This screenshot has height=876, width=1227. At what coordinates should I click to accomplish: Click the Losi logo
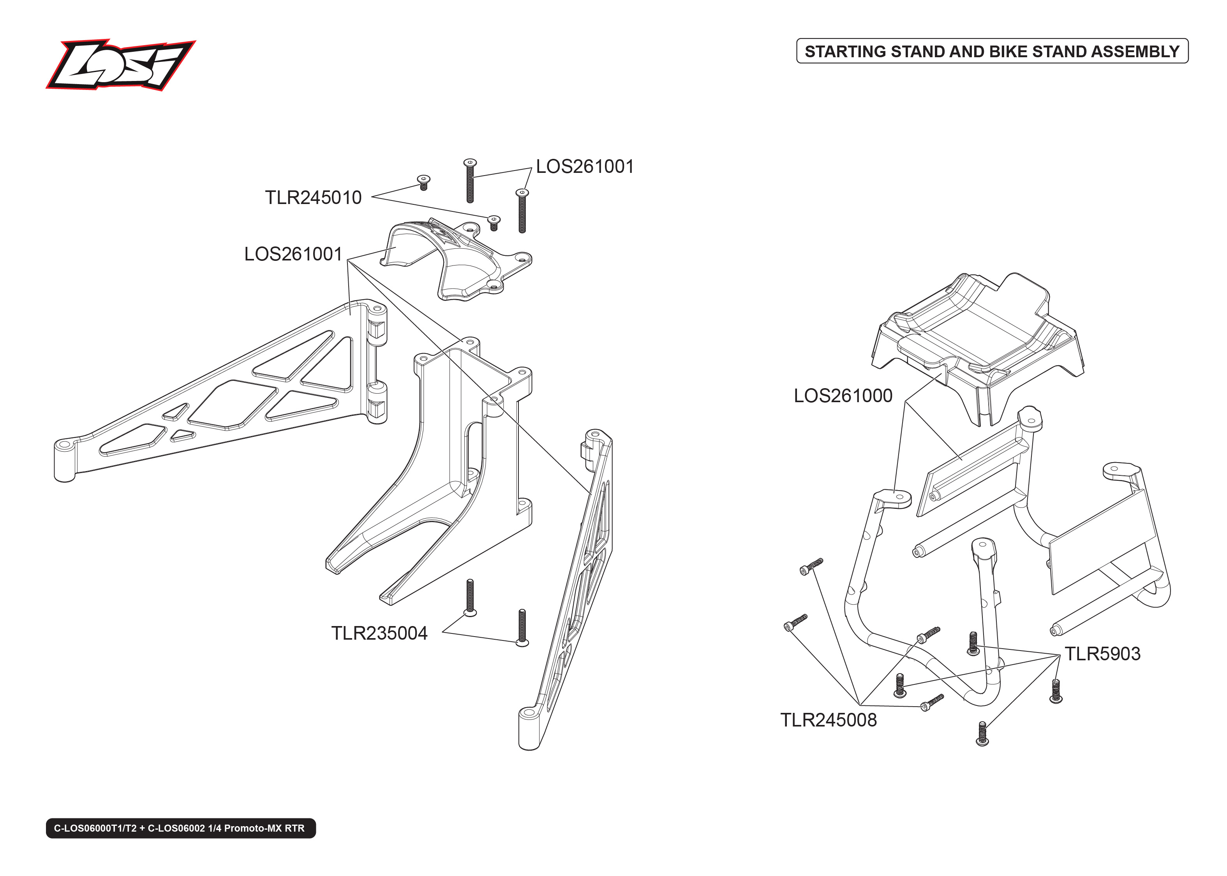pyautogui.click(x=120, y=65)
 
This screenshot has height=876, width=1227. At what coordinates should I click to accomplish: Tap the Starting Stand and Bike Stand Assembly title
pyautogui.click(x=992, y=51)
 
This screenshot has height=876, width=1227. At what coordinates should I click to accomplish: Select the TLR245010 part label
pyautogui.click(x=313, y=198)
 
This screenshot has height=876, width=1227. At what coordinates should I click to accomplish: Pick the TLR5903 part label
pyautogui.click(x=1102, y=654)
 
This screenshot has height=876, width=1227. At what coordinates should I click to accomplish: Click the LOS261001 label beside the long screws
pyautogui.click(x=584, y=167)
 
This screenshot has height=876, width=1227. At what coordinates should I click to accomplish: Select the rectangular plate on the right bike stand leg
pyautogui.click(x=1101, y=539)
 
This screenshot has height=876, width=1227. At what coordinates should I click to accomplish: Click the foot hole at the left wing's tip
pyautogui.click(x=64, y=445)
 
